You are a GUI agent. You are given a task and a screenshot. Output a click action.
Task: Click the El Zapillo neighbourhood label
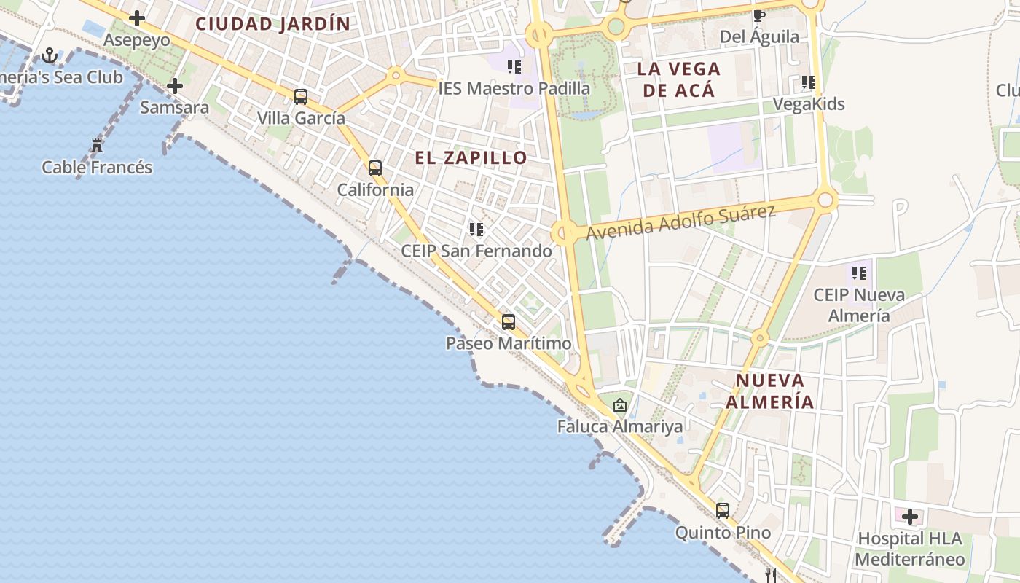471,157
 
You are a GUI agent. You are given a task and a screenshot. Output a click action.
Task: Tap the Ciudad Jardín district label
273,23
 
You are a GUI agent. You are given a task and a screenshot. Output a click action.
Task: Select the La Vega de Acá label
678,79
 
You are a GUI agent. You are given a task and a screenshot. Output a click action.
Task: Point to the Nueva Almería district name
770,391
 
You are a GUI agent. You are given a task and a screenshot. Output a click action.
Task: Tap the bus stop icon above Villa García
300,96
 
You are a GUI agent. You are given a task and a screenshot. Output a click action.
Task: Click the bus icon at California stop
374,168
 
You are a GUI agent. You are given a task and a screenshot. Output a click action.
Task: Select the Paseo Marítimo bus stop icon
508,321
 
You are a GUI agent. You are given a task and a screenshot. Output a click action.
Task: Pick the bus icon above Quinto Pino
722,511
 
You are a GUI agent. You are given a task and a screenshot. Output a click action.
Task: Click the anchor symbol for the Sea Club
50,55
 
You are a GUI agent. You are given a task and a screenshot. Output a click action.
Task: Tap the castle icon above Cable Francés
97,145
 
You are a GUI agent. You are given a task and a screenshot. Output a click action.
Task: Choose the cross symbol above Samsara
174,86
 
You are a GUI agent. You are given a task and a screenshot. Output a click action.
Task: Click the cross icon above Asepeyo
136,18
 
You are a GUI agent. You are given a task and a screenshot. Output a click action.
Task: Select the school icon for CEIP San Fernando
476,230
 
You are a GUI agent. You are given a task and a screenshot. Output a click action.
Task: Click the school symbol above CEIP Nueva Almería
859,273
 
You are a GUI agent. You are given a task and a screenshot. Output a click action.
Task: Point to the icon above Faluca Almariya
619,405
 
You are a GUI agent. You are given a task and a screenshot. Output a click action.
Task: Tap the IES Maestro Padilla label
514,88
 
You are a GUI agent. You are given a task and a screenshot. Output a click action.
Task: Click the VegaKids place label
808,104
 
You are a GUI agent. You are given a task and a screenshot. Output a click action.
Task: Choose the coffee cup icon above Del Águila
758,15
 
